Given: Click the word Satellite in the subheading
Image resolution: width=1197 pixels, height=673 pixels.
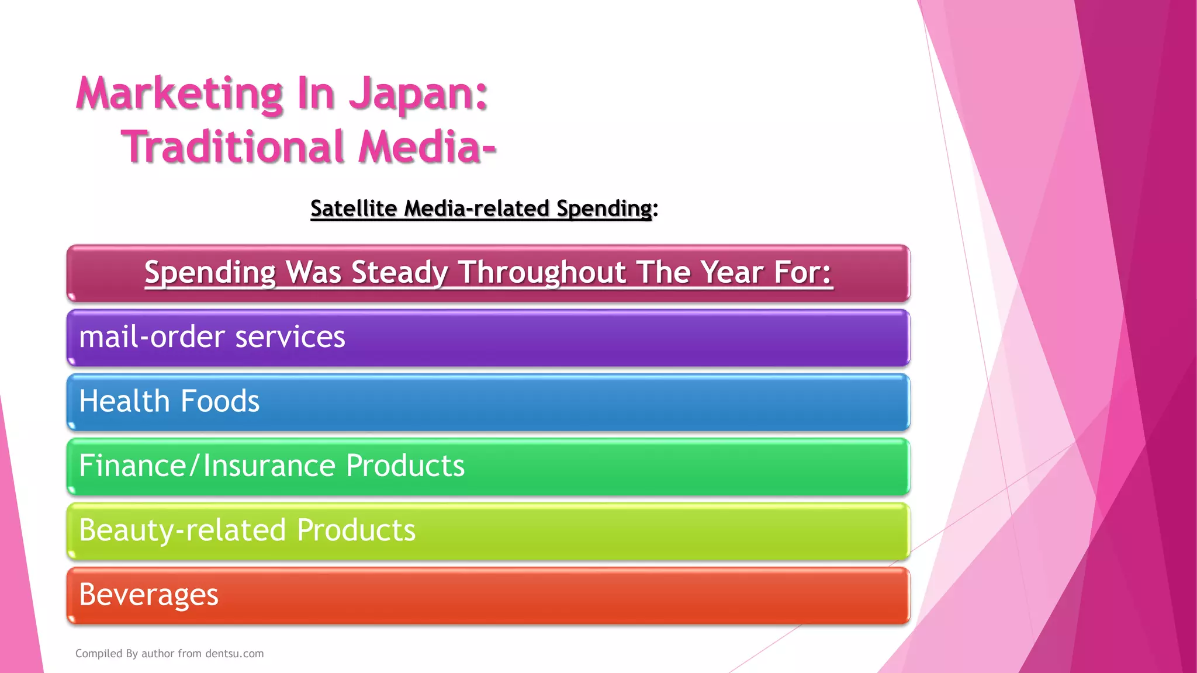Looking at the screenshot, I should point(354,209).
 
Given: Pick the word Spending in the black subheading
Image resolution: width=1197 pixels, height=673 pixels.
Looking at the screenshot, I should point(604,209).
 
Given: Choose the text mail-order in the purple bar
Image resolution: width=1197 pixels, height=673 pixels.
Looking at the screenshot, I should point(152,337).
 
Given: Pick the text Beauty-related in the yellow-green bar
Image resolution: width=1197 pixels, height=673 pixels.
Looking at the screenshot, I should point(182,530).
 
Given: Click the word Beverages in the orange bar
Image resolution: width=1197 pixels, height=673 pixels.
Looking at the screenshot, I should point(148,595).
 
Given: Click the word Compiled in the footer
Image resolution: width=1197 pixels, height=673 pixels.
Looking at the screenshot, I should point(99,654).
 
